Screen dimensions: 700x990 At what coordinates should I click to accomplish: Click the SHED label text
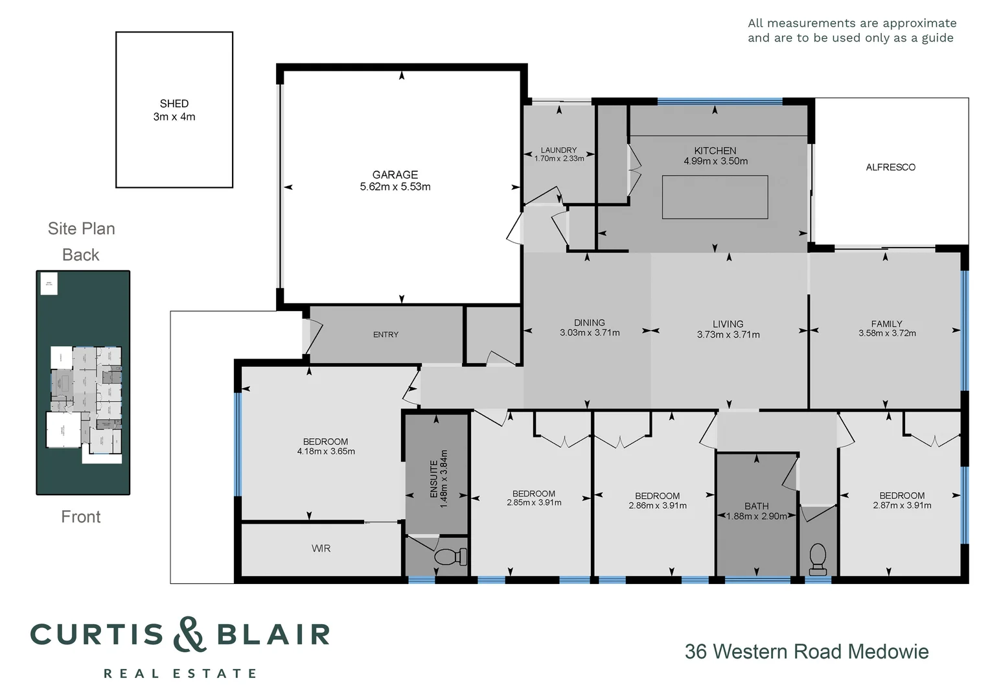pyautogui.click(x=174, y=104)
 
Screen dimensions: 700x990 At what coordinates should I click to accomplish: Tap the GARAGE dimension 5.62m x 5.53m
pyautogui.click(x=395, y=187)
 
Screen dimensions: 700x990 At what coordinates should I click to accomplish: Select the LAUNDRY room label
pyautogui.click(x=558, y=150)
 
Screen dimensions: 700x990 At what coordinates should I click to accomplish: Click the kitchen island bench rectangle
pyautogui.click(x=715, y=197)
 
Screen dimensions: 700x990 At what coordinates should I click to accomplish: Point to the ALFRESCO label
pyautogui.click(x=890, y=167)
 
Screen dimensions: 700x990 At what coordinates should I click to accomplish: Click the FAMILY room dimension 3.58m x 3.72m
pyautogui.click(x=887, y=333)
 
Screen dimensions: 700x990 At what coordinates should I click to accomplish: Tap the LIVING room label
pyautogui.click(x=728, y=323)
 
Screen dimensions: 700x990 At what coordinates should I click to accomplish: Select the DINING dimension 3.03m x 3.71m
pyautogui.click(x=590, y=332)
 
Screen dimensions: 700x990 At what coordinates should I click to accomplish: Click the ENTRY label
pyautogui.click(x=386, y=334)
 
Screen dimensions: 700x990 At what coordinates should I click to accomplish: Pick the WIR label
pyautogui.click(x=321, y=548)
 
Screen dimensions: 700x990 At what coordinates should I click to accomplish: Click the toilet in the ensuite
pyautogui.click(x=450, y=556)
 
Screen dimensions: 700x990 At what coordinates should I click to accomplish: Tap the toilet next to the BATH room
pyautogui.click(x=818, y=558)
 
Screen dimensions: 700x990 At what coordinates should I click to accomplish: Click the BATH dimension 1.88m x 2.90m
pyautogui.click(x=756, y=517)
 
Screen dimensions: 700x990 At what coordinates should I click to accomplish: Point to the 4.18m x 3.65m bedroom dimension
pyautogui.click(x=326, y=451)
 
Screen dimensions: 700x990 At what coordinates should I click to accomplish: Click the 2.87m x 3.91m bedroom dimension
pyautogui.click(x=902, y=506)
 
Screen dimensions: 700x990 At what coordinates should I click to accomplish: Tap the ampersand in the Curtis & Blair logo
pyautogui.click(x=189, y=634)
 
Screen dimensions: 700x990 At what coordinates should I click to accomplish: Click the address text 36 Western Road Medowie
pyautogui.click(x=807, y=651)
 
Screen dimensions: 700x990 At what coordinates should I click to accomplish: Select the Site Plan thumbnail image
pyautogui.click(x=83, y=382)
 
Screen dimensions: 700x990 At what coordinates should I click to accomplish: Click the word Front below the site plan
pyautogui.click(x=81, y=517)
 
